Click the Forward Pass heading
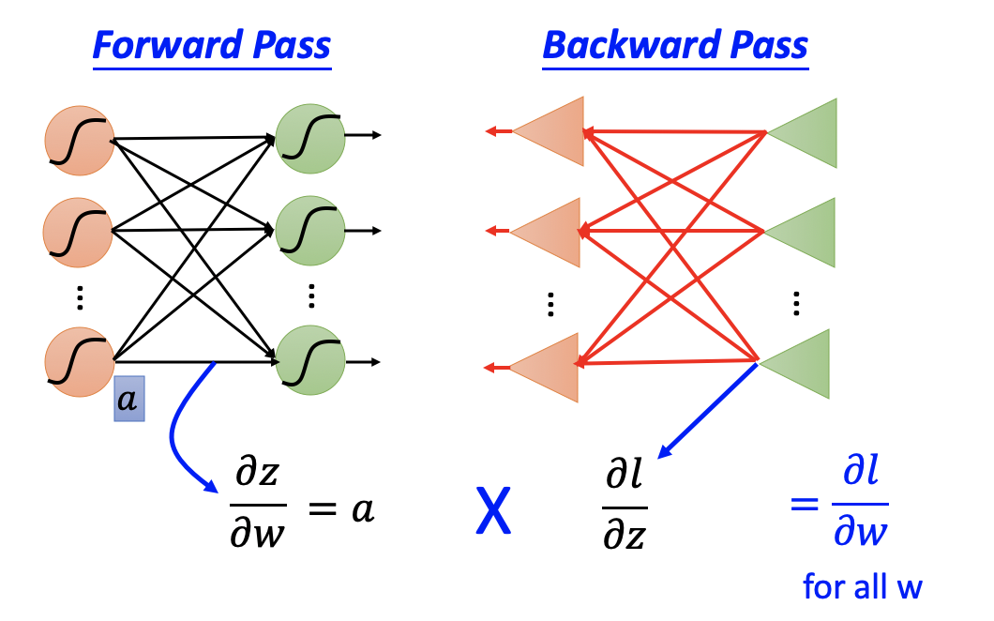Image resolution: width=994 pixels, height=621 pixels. (x=211, y=45)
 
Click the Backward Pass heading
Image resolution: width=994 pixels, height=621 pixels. (x=675, y=45)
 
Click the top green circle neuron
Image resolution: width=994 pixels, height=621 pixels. (x=310, y=139)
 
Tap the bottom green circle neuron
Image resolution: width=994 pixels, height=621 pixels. (x=310, y=360)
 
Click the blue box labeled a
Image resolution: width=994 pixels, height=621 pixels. (x=128, y=400)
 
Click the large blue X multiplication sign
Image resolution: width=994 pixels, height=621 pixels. (x=493, y=514)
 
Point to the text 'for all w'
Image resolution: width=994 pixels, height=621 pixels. (x=863, y=588)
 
